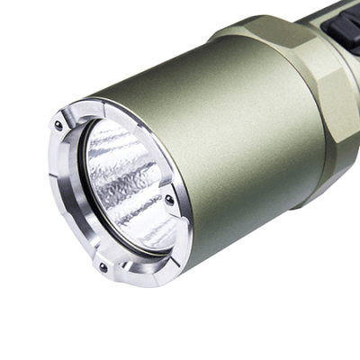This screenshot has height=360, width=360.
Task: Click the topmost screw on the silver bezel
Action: click(59, 126)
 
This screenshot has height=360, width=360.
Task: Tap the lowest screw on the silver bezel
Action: click(103, 267)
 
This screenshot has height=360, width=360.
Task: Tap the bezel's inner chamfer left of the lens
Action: click(79, 180)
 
